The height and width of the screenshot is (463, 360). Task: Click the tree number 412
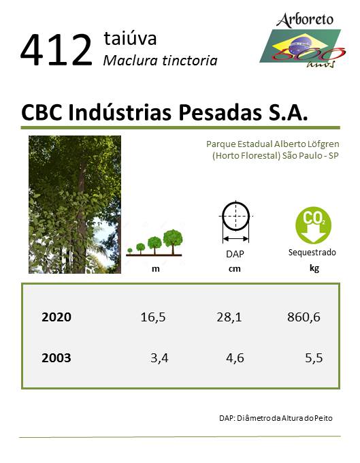56,50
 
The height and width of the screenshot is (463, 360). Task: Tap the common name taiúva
130,38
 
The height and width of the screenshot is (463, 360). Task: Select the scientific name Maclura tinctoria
160,61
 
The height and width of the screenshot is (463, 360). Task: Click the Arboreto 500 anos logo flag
301,46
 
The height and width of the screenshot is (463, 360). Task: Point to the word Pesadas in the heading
220,112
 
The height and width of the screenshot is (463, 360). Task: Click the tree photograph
75,204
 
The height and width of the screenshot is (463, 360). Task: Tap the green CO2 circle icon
313,225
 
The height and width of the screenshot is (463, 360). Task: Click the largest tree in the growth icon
173,242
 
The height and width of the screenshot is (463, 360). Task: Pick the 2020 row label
56,317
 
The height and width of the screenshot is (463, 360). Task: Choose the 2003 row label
56,358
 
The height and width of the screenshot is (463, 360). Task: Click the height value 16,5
153,317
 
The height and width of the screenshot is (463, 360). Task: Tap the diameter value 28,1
229,317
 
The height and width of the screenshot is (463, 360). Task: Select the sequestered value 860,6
304,317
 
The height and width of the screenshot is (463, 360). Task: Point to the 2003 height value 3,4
159,358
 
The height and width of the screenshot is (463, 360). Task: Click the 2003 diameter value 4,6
235,358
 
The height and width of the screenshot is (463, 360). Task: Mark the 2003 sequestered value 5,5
314,358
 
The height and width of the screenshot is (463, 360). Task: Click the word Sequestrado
312,253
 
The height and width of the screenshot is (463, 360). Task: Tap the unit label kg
314,268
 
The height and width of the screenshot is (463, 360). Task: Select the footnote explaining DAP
276,418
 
